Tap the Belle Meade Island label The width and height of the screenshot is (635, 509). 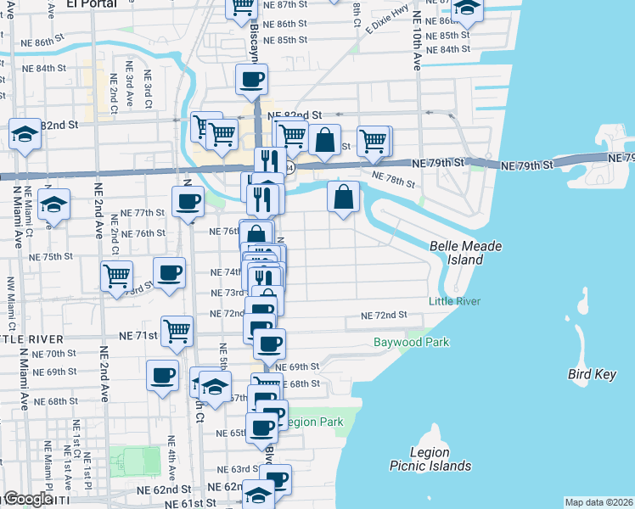(x=466, y=253)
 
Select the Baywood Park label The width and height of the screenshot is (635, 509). (x=412, y=343)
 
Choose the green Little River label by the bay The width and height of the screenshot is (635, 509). (x=454, y=301)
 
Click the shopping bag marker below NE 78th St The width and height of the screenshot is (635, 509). (x=342, y=198)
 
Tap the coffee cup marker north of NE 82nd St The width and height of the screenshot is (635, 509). (x=251, y=81)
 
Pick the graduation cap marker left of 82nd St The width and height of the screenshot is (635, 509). (x=25, y=134)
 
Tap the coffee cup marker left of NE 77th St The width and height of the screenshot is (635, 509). (x=187, y=202)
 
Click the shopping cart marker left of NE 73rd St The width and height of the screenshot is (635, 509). (x=116, y=275)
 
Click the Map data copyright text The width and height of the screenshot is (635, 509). (x=599, y=502)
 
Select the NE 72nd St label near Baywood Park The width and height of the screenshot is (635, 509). (x=384, y=316)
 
